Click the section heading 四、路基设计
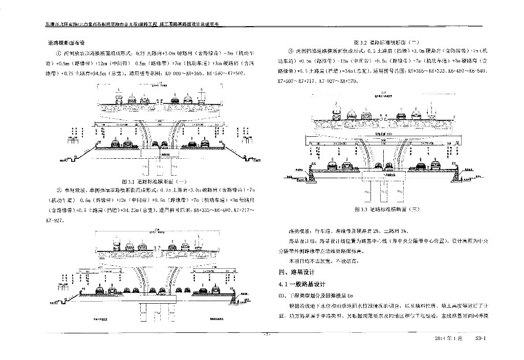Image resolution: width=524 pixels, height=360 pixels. pos(295,271)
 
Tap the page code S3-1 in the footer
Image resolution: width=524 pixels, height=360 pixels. pos(483,338)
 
